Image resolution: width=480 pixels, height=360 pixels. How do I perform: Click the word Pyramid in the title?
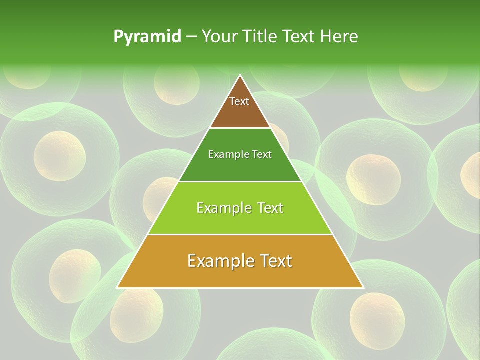[147, 37]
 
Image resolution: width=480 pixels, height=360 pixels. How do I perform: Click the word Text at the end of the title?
[300, 37]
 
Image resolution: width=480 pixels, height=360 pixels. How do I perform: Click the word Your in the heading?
[219, 37]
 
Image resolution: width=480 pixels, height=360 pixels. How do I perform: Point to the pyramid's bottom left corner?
[118, 287]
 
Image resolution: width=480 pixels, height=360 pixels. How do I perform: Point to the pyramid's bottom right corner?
[363, 287]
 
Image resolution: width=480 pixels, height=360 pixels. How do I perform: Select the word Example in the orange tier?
[218, 260]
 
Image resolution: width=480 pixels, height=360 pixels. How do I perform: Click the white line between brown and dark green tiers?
[240, 128]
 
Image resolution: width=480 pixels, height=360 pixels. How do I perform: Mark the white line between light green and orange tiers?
[240, 234]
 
